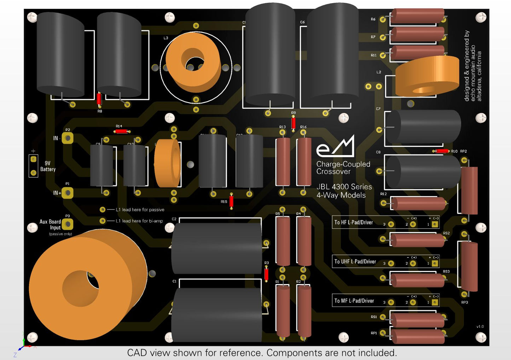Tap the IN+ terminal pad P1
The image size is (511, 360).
68,193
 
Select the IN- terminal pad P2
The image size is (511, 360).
68,138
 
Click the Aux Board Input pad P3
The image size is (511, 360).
68,224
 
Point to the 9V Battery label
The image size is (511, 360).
48,166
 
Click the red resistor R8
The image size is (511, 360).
99,99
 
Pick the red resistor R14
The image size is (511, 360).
121,131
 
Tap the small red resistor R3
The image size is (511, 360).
267,274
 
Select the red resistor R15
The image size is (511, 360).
231,201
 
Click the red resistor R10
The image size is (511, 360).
442,151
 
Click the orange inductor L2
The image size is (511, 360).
427,77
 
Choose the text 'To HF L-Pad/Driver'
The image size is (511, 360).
354,222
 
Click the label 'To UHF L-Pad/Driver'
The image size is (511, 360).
355,261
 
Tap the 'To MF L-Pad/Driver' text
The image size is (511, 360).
354,301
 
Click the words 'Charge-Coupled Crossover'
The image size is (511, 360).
343,168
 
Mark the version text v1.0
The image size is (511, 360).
480,326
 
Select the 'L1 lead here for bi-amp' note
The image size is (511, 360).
139,221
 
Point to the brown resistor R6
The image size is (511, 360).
417,16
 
